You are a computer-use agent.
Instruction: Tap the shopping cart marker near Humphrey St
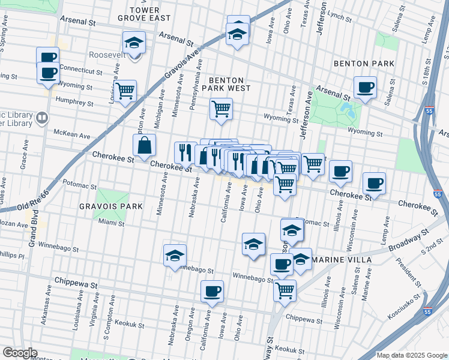125,91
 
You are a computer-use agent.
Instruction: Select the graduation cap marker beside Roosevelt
134,43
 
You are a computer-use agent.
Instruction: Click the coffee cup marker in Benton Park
365,88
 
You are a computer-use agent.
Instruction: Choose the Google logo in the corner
20,353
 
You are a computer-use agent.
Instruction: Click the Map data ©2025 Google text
411,355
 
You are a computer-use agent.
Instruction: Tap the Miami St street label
111,223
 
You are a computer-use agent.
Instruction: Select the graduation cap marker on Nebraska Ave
175,255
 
